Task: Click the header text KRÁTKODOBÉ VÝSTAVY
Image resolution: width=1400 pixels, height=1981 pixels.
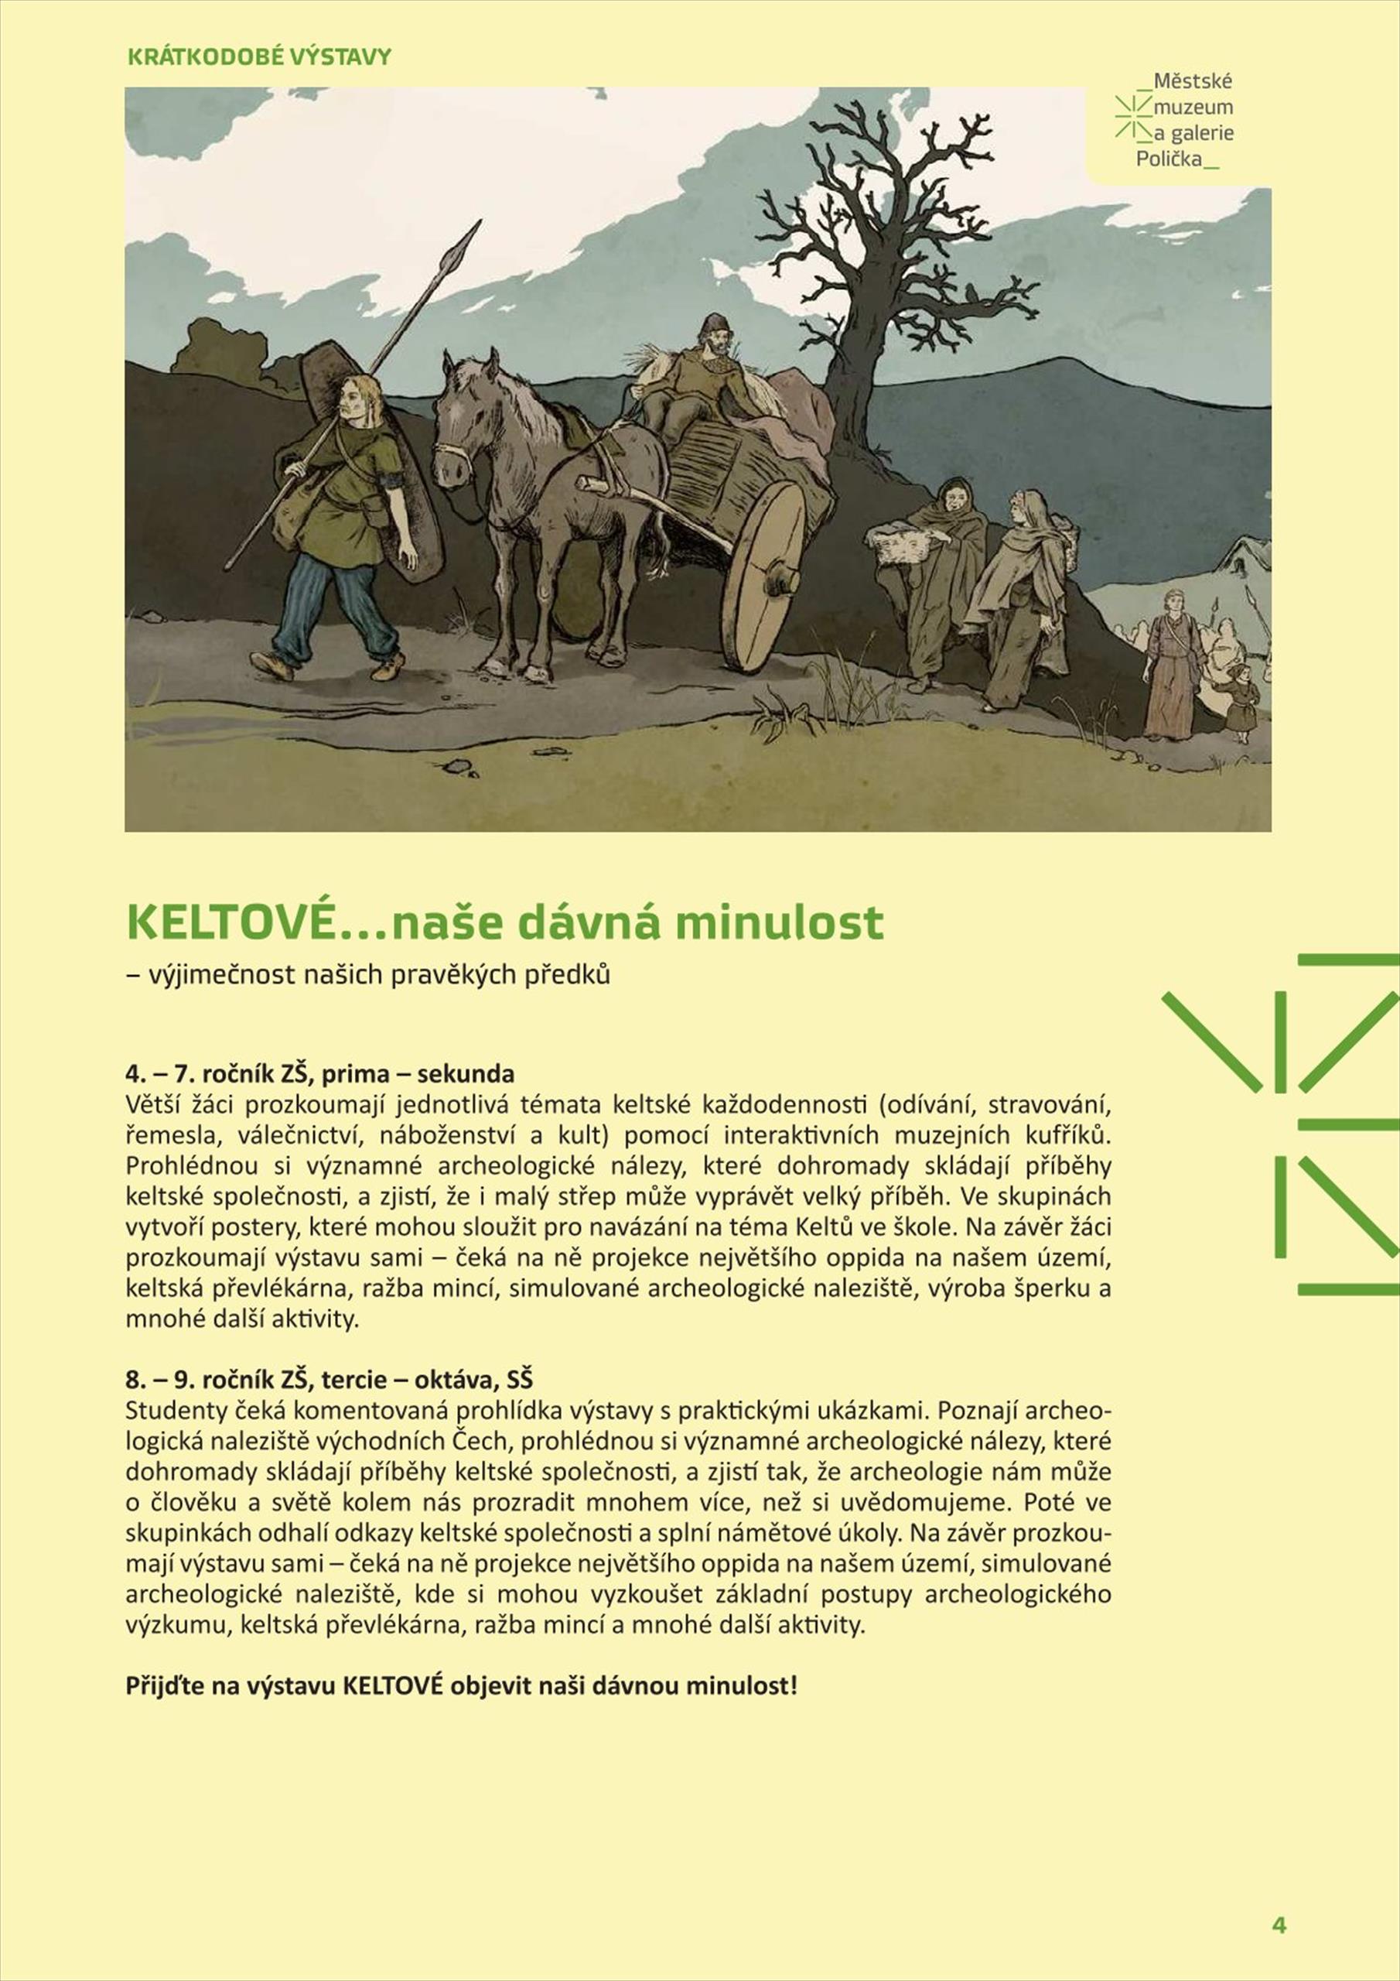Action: point(260,57)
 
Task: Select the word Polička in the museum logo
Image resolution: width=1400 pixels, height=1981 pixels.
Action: point(1168,159)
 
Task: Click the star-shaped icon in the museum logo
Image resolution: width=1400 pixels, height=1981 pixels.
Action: point(1132,117)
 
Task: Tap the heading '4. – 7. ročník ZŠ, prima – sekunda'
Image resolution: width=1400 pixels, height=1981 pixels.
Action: point(320,1073)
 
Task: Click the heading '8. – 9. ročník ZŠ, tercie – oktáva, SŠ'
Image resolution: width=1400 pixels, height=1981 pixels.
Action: point(329,1379)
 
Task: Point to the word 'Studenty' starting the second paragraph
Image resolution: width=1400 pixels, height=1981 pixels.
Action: point(168,1410)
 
